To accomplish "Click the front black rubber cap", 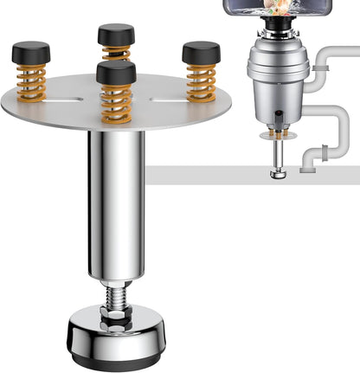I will point(116,73).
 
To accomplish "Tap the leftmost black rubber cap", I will point(31,53).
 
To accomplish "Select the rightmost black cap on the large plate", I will point(201,54).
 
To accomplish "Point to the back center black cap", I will point(116,35).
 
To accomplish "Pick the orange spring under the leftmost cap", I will point(31,81).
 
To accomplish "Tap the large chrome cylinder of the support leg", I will point(116,208).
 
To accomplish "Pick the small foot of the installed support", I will point(278,174).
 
